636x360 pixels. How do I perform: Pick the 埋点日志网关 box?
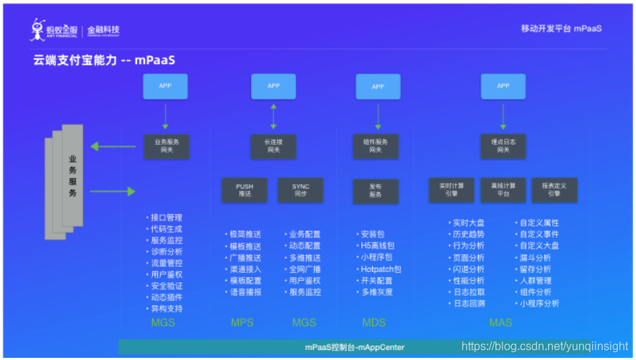[503, 145]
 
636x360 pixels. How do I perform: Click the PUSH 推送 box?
[244, 190]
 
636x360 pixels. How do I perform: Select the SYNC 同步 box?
[301, 190]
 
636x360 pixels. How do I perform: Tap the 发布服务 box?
[376, 190]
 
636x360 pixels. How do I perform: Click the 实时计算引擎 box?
[451, 189]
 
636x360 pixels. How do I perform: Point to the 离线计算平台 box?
[503, 189]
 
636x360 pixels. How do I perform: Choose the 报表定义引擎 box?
[555, 189]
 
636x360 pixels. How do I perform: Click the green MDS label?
[374, 322]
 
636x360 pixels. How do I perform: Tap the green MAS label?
[500, 322]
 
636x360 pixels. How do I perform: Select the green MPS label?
[242, 322]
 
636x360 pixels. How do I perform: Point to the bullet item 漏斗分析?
[535, 258]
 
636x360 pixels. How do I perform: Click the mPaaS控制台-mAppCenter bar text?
[354, 347]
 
